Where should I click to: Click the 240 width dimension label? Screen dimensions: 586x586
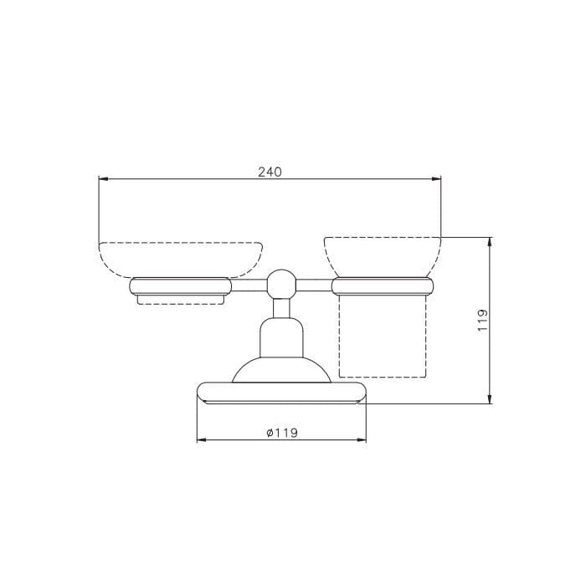coord(270,172)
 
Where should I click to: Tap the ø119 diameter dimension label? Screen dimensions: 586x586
coord(282,433)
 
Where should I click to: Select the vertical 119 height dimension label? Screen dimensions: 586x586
coord(483,320)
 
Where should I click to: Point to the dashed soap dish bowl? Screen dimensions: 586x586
coord(181,260)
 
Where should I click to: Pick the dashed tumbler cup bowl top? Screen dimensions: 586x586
coord(383,257)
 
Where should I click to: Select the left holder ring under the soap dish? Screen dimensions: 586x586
coord(181,286)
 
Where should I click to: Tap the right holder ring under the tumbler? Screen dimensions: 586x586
coord(383,286)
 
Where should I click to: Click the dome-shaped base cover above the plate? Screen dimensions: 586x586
coord(282,370)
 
